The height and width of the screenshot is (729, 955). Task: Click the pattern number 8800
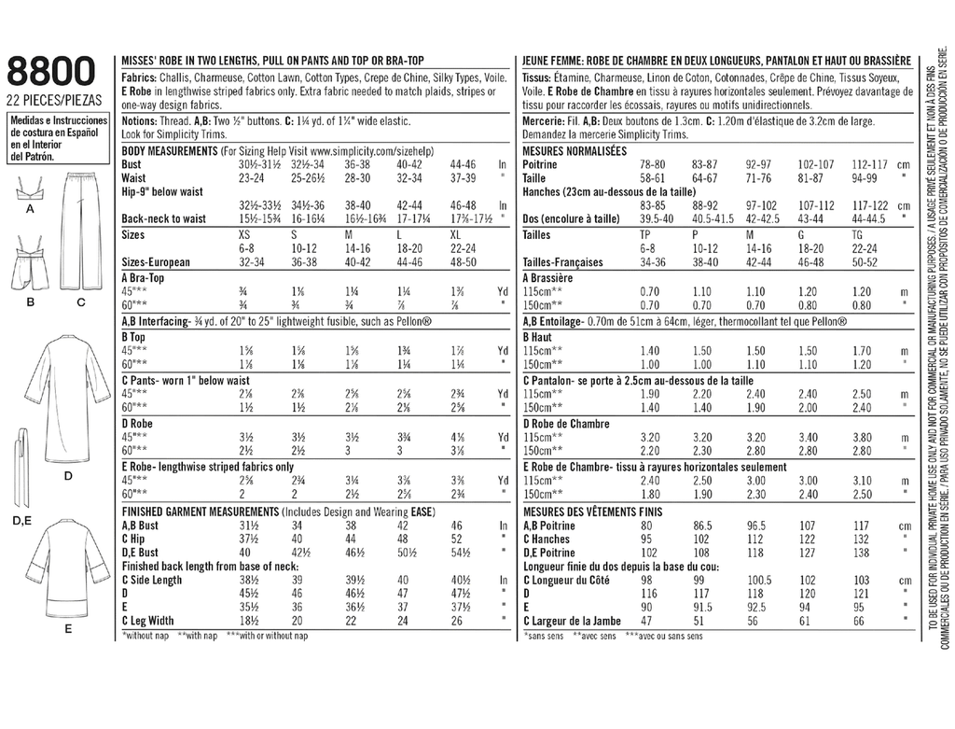point(51,72)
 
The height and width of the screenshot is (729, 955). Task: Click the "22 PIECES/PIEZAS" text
point(53,99)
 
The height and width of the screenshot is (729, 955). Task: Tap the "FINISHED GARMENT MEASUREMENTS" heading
point(201,512)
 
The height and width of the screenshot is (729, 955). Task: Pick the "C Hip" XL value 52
point(457,539)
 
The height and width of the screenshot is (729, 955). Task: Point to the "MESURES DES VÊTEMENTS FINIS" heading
point(594,512)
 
